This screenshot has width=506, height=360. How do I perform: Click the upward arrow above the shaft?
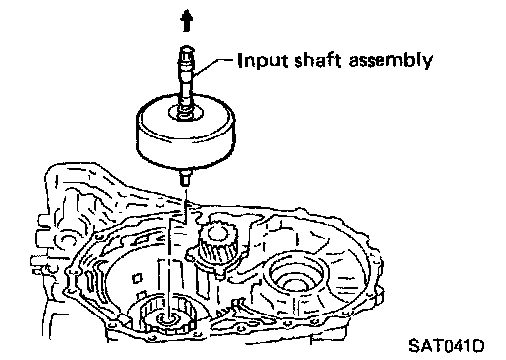pyautogui.click(x=187, y=21)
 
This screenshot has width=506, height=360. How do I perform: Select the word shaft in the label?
pyautogui.click(x=317, y=61)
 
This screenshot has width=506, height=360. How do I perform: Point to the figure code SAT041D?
pyautogui.click(x=447, y=346)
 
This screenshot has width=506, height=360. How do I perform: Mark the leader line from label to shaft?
pyautogui.click(x=214, y=65)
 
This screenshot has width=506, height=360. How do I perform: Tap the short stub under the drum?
pyautogui.click(x=185, y=178)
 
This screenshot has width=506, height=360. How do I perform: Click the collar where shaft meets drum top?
pyautogui.click(x=185, y=113)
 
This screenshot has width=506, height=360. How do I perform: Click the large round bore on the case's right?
pyautogui.click(x=296, y=273)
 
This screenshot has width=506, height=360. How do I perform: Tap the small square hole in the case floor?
pyautogui.click(x=137, y=278)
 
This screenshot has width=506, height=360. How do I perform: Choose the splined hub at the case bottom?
pyautogui.click(x=168, y=316)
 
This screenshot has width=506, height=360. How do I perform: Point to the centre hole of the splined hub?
pyautogui.click(x=170, y=318)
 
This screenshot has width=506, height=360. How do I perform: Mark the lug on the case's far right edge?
pyautogui.click(x=379, y=296)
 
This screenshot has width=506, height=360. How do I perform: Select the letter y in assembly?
pyautogui.click(x=427, y=63)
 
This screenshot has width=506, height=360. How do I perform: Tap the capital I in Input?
pyautogui.click(x=240, y=61)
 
